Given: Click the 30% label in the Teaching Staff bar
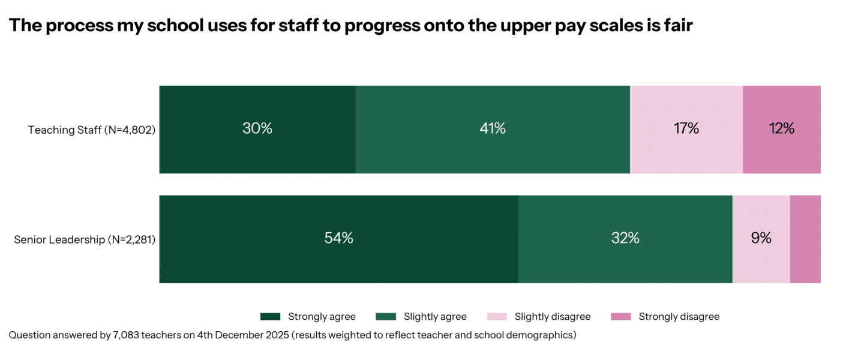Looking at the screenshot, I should tap(257, 128).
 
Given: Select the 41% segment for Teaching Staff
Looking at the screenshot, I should tap(492, 128).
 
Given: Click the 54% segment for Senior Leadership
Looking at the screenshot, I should tap(338, 238).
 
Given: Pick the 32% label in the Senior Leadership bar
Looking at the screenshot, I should tap(625, 238).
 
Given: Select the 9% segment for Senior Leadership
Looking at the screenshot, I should tap(761, 238).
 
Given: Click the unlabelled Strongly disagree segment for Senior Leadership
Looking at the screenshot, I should tap(805, 238).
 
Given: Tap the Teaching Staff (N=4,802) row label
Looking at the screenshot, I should tap(92, 130).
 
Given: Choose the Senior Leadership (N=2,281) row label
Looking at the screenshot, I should tap(85, 240).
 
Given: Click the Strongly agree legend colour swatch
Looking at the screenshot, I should tap(271, 317).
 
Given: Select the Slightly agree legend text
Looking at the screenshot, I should tap(435, 317).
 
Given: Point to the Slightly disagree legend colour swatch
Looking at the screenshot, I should tap(502, 317).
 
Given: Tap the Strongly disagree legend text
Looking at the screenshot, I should tap(679, 317).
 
